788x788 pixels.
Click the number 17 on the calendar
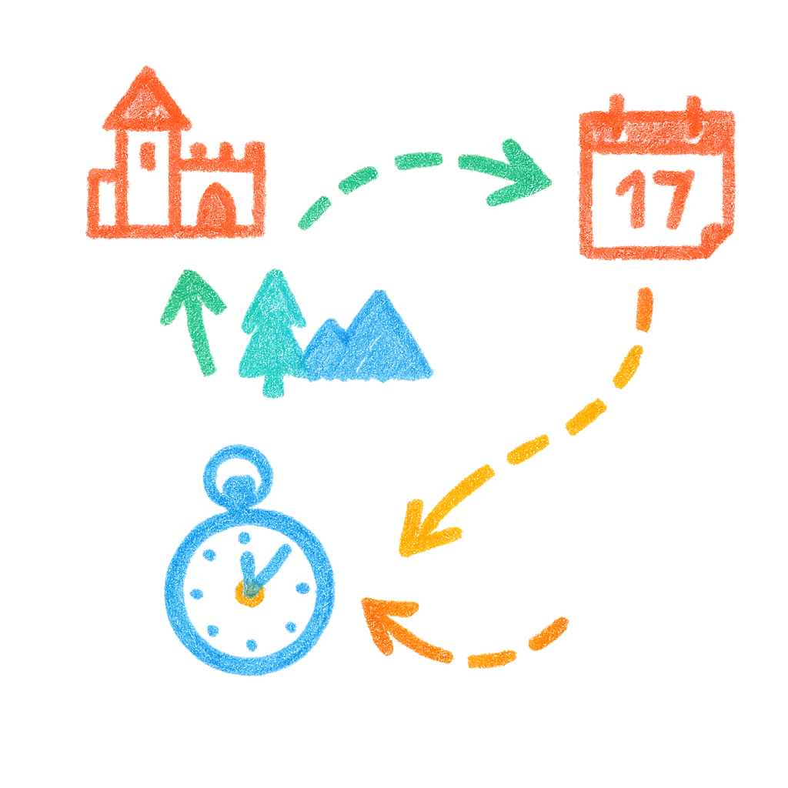[655, 197]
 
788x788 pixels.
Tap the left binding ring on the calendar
[616, 112]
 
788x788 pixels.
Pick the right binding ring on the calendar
[694, 112]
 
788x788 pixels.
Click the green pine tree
[272, 331]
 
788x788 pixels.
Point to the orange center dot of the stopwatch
[249, 593]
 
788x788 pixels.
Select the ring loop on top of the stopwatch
[237, 473]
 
